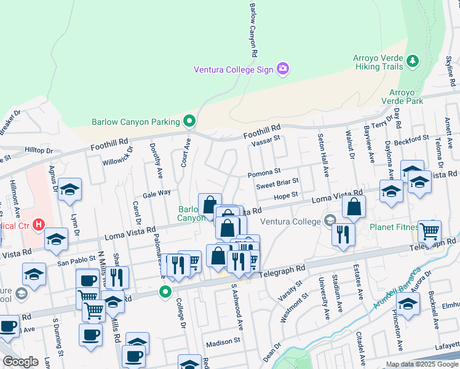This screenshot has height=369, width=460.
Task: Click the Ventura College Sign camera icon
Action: pyautogui.click(x=282, y=69)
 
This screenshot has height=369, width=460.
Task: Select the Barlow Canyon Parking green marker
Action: pyautogui.click(x=190, y=121)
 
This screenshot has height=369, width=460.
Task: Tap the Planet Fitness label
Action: pyautogui.click(x=393, y=227)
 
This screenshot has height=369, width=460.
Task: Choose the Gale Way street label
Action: pyautogui.click(x=156, y=192)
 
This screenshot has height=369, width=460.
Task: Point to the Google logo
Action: pyautogui.click(x=20, y=362)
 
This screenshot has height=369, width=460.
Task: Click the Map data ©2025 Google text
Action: pyautogui.click(x=421, y=364)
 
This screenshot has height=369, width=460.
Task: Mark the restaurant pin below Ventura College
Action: pyautogui.click(x=343, y=235)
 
